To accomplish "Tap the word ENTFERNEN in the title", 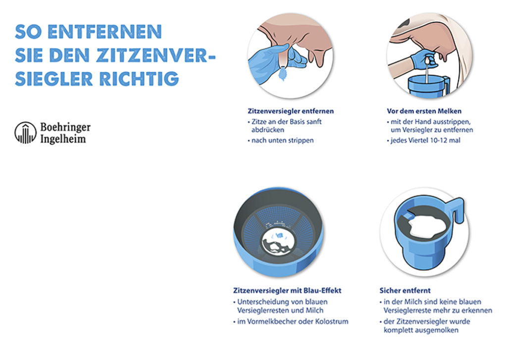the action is point(104,32).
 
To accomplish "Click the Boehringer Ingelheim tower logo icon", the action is point(26,133).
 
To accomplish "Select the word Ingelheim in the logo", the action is point(63,139).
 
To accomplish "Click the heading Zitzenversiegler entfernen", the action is point(291,111).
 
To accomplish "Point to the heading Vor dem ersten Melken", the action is point(424,111).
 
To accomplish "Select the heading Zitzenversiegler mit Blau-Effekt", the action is point(287,291).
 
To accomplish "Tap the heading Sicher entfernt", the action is point(405,291).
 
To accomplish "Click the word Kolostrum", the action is point(332,321).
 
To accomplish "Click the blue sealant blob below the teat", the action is point(284,74).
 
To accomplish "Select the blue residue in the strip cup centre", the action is point(279,236).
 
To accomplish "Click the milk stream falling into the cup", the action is point(427,73).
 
